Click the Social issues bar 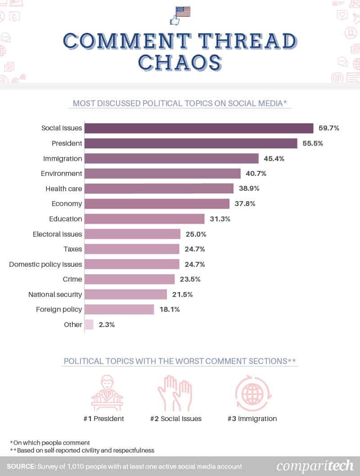(199, 128)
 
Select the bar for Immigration (171, 158)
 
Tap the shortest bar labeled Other (89, 324)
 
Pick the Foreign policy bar (119, 309)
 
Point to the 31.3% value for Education (220, 219)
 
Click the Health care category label (64, 189)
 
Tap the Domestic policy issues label (45, 264)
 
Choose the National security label (55, 294)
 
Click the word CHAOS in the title (180, 62)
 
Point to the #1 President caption (103, 418)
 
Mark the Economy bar (157, 204)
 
